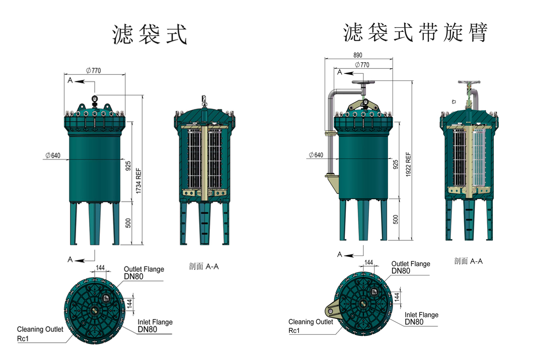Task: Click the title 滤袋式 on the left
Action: [150, 35]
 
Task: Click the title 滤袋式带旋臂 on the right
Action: [415, 32]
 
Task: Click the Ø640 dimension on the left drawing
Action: [55, 155]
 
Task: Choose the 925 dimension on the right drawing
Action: [395, 165]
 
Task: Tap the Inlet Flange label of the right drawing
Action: [421, 315]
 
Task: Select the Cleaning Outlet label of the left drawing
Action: [37, 329]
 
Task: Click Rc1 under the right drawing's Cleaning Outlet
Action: [294, 330]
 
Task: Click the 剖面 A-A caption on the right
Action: [468, 261]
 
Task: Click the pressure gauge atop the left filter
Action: [94, 98]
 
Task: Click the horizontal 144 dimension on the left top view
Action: [100, 268]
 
